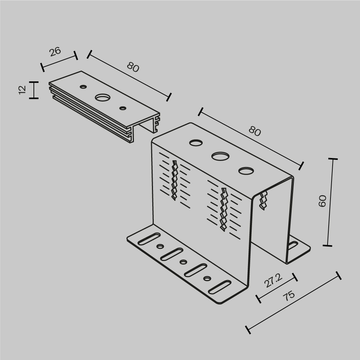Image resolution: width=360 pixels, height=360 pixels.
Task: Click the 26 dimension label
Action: (x=55, y=51)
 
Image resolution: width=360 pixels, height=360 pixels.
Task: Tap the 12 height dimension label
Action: (x=22, y=90)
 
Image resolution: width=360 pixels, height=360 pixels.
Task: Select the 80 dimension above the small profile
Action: (x=133, y=67)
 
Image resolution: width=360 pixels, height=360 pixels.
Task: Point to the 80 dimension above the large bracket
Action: (x=255, y=132)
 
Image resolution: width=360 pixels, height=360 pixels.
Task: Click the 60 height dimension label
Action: (x=323, y=201)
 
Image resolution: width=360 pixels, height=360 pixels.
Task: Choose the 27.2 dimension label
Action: (x=273, y=280)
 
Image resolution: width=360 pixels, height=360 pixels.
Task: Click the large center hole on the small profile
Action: (x=103, y=97)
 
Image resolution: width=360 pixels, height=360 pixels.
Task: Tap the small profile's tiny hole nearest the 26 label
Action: (x=84, y=86)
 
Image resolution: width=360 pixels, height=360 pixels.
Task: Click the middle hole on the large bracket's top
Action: (x=220, y=156)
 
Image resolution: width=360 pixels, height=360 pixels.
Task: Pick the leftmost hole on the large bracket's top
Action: (x=196, y=143)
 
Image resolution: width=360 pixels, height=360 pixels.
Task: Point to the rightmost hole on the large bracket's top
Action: (x=246, y=171)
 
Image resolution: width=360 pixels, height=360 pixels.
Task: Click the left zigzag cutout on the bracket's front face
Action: (x=175, y=180)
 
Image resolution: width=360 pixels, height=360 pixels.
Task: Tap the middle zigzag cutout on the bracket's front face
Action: (x=224, y=209)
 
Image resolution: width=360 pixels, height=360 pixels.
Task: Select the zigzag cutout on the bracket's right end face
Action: (x=264, y=201)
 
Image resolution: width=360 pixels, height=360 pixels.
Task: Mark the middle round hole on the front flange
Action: (x=183, y=262)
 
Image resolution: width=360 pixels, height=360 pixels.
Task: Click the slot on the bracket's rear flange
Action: (x=292, y=246)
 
